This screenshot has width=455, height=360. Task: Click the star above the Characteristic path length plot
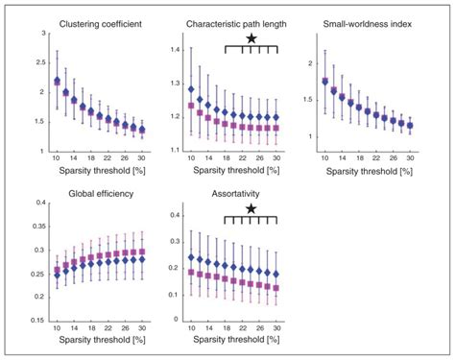(x=251, y=37)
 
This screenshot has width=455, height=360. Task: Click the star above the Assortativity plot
(x=251, y=207)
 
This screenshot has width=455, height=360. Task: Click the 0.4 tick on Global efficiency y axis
(x=39, y=204)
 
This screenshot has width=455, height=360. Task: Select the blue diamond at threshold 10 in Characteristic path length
(x=190, y=87)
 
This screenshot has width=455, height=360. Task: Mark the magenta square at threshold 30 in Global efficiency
(x=142, y=252)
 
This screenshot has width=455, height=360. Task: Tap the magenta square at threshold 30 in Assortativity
(x=276, y=287)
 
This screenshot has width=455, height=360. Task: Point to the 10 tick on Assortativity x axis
(x=190, y=329)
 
